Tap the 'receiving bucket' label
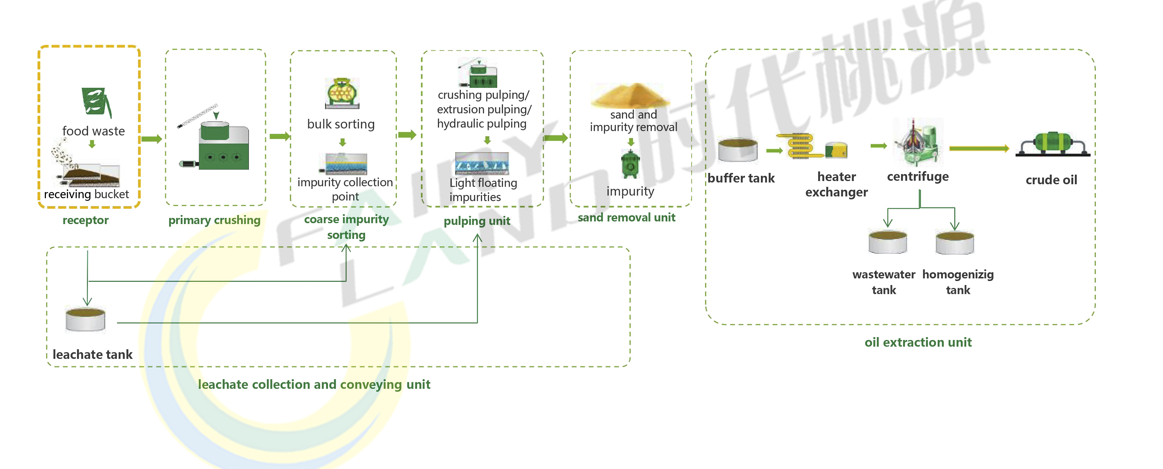(86, 194)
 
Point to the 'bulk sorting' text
(341, 124)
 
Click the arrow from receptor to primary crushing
(151, 139)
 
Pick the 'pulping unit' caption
(477, 221)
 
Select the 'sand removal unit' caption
(626, 218)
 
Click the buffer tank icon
(738, 150)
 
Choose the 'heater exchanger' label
(836, 184)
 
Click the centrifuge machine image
(917, 142)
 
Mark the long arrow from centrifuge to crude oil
(978, 148)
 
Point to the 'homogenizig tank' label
(957, 282)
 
